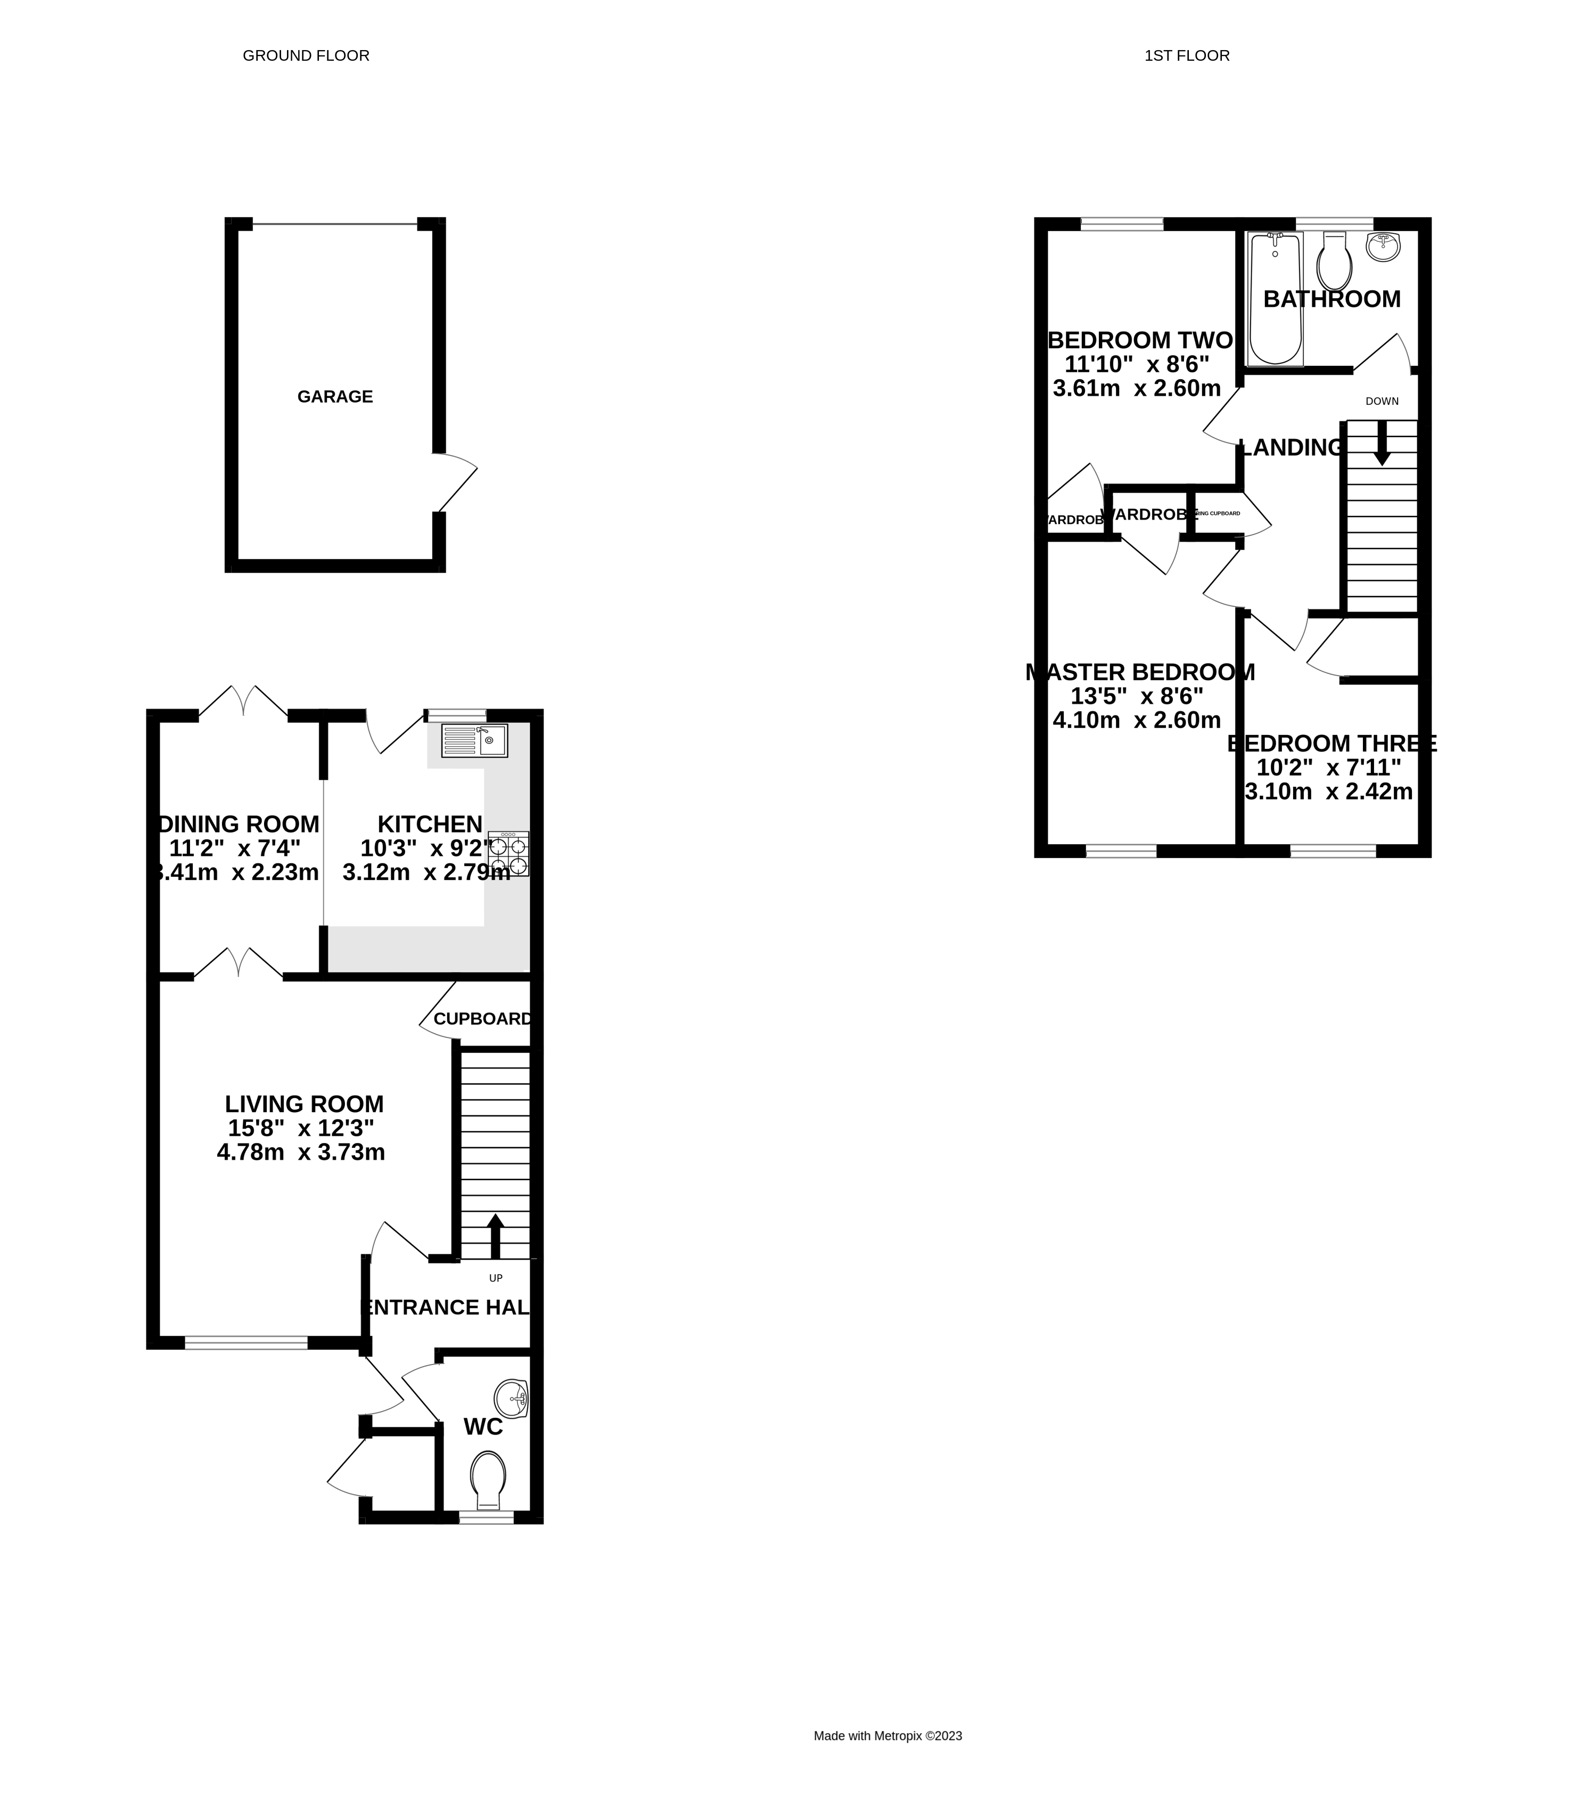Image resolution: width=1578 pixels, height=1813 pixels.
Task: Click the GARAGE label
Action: click(335, 396)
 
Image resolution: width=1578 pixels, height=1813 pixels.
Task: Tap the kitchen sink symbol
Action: click(475, 740)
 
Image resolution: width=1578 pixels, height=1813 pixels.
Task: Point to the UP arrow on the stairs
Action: click(495, 1235)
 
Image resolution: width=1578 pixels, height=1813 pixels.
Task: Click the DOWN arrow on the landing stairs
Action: click(1382, 442)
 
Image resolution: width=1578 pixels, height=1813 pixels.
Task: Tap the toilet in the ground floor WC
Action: click(488, 1480)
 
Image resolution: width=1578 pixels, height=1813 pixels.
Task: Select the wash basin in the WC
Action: click(511, 1398)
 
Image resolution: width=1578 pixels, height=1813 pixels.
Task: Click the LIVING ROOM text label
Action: click(304, 1104)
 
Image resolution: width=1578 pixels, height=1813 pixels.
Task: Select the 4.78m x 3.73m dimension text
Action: click(301, 1151)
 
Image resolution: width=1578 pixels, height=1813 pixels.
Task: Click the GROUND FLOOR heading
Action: click(306, 55)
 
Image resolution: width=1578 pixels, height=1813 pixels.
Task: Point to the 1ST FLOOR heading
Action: click(1186, 55)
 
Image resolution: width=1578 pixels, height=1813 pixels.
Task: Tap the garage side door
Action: click(456, 483)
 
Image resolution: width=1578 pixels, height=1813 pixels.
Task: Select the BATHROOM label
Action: click(1332, 299)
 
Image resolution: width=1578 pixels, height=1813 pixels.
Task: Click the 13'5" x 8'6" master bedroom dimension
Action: click(1137, 696)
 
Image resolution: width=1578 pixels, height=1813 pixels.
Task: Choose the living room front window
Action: click(246, 1343)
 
